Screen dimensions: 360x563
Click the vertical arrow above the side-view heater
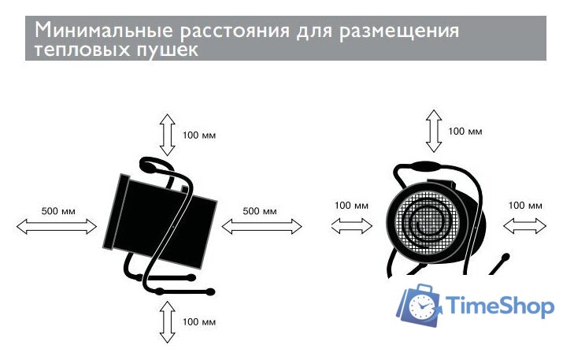tap(166, 133)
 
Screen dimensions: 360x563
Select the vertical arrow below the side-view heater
tap(166, 321)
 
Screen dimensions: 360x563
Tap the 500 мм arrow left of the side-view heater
tap(57, 226)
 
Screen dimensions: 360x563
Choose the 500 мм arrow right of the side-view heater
tap(262, 226)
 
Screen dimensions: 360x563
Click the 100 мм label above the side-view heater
tap(199, 135)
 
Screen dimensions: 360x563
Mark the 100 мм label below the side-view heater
tap(199, 322)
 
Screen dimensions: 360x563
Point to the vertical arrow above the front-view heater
tap(432, 131)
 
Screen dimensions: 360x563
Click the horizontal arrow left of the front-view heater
tap(352, 226)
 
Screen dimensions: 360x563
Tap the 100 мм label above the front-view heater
tap(465, 131)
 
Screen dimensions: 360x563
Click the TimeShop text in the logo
tap(500, 306)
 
